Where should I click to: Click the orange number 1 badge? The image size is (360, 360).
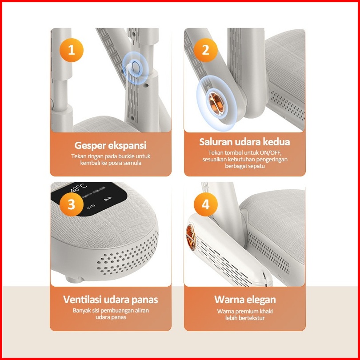point(72,50)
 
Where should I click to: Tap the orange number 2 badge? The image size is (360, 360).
point(205,50)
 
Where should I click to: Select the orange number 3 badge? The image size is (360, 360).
point(72,204)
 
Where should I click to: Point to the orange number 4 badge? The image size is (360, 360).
point(205,204)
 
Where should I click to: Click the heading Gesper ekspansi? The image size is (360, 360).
point(110,146)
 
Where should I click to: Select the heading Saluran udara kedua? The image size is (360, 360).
point(244,142)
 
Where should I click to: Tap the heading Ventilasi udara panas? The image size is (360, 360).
point(110,300)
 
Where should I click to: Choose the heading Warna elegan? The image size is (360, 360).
point(245,300)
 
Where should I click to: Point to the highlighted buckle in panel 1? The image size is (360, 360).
point(134,67)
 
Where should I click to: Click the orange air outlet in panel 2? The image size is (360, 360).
point(216,104)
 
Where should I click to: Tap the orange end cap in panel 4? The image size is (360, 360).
point(190,237)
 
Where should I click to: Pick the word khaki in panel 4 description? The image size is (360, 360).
point(266,311)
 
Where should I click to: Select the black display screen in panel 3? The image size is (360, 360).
point(89,199)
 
